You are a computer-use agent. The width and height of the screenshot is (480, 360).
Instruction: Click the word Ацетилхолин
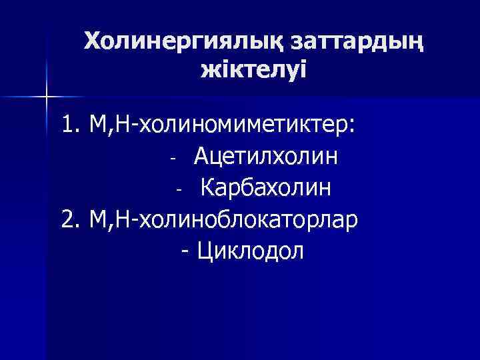(x=265, y=158)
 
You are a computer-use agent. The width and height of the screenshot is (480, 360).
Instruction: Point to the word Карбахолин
(x=265, y=189)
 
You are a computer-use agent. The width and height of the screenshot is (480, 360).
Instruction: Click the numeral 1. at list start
(x=70, y=127)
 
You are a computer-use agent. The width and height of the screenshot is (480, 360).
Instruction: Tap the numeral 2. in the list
(x=70, y=220)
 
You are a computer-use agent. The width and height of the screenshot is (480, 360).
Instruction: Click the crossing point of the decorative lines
(x=47, y=97)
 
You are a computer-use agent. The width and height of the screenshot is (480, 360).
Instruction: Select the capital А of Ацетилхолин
(x=202, y=158)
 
